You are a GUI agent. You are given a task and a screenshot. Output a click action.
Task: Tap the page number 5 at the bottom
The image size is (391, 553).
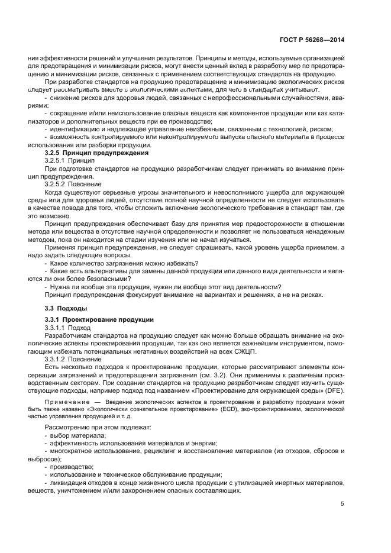[x=342, y=504]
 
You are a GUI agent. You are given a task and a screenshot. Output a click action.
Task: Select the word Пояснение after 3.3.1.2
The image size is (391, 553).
[x=85, y=358]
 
